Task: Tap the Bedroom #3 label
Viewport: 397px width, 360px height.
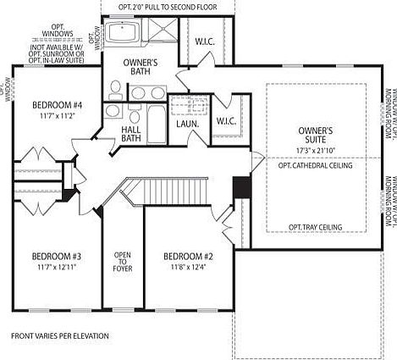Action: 56,257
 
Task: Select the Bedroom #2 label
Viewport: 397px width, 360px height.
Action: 187,257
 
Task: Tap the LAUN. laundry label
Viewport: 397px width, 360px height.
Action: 187,125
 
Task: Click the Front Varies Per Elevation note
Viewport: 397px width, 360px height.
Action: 60,336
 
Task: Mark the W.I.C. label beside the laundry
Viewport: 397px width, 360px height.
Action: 225,120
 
